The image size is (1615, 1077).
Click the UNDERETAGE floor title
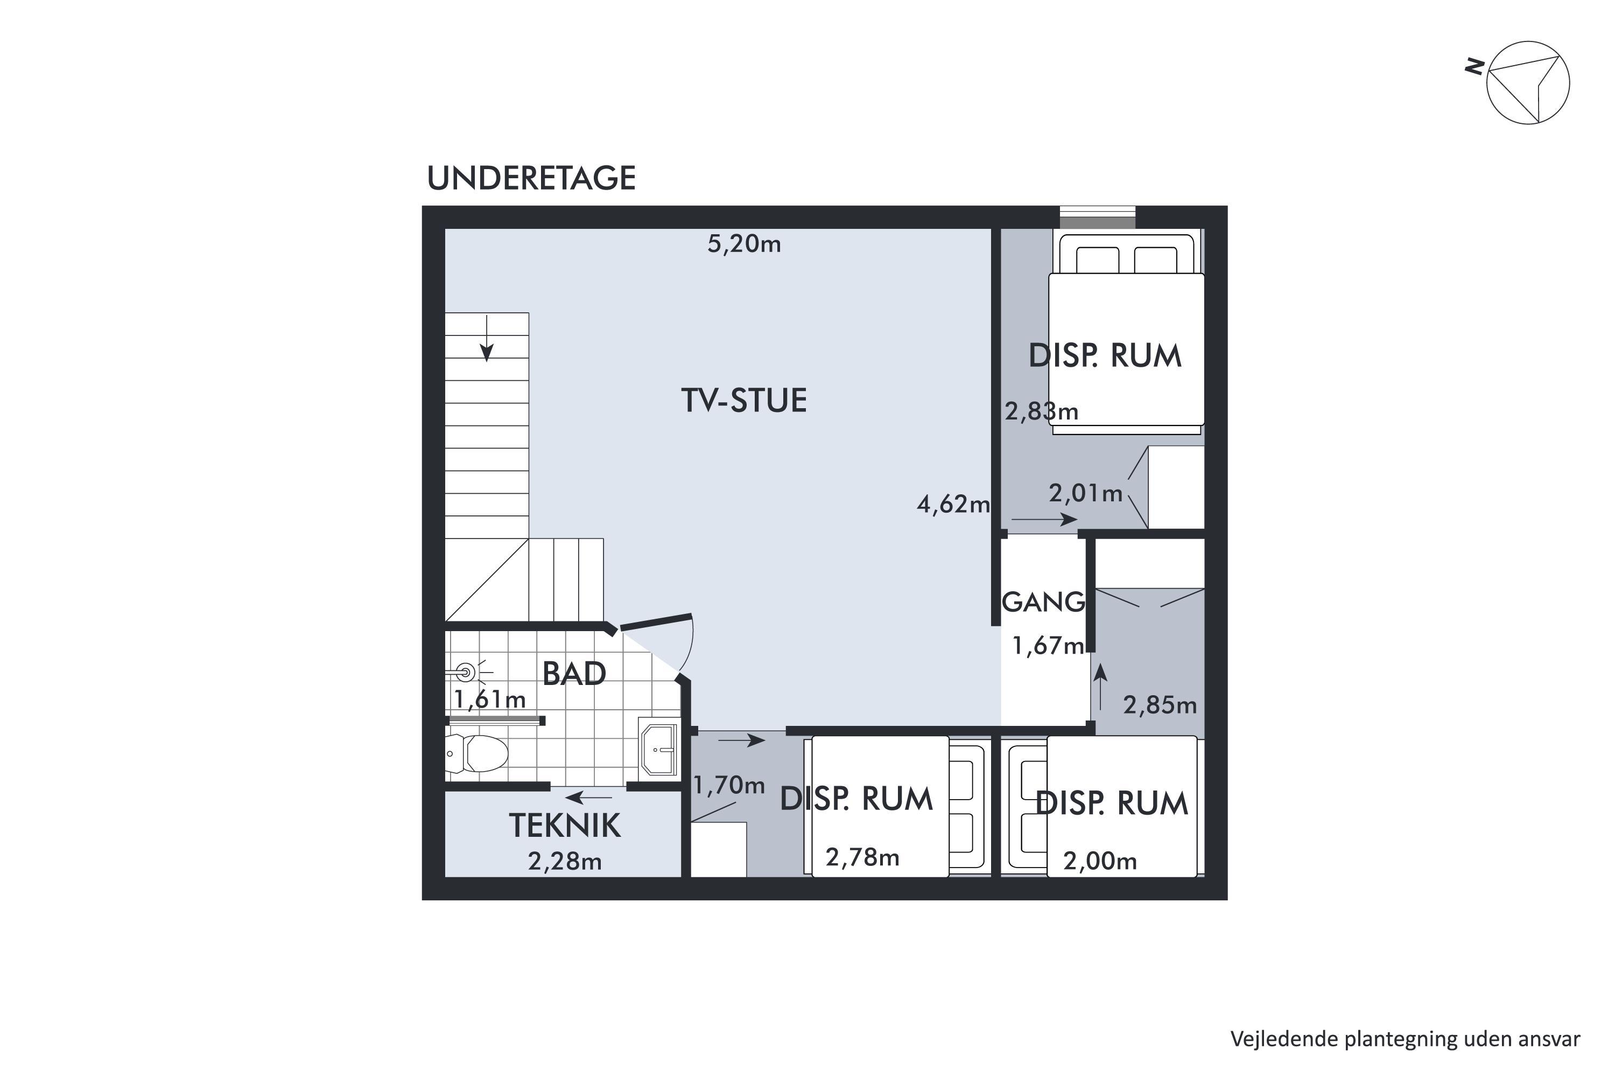pos(531,179)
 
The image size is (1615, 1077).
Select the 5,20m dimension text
pos(745,244)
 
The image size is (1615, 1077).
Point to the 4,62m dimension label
pos(953,505)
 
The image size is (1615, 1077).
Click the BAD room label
pos(574,674)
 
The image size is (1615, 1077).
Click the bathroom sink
pos(659,750)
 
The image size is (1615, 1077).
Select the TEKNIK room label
pos(564,826)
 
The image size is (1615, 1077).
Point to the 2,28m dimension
pos(564,861)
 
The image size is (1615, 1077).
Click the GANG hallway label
pos(1043,603)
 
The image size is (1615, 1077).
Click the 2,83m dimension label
pos(1042,411)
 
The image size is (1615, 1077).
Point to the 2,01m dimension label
pos(1086,493)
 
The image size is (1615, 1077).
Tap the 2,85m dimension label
pos(1160,705)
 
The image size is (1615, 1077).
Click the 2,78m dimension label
pos(862,857)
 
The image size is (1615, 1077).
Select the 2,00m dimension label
pos(1100,861)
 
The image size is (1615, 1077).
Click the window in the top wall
pos(1097,218)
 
